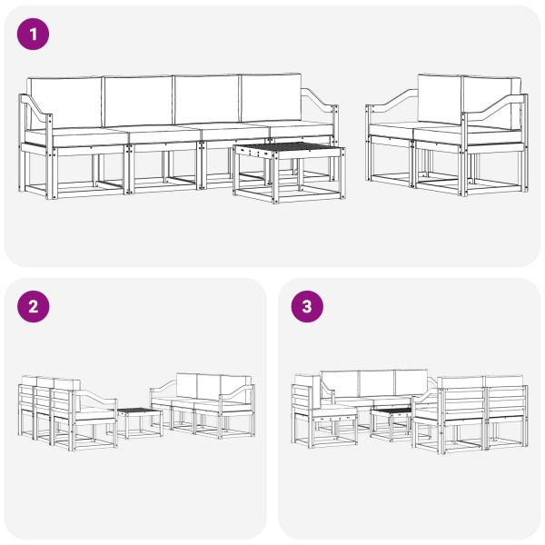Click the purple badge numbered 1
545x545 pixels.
[x=34, y=35]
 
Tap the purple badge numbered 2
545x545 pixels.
[x=34, y=307]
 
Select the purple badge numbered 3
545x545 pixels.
[x=306, y=307]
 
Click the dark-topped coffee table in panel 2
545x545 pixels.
[x=139, y=412]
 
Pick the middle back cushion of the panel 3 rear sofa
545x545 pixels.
[x=376, y=381]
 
